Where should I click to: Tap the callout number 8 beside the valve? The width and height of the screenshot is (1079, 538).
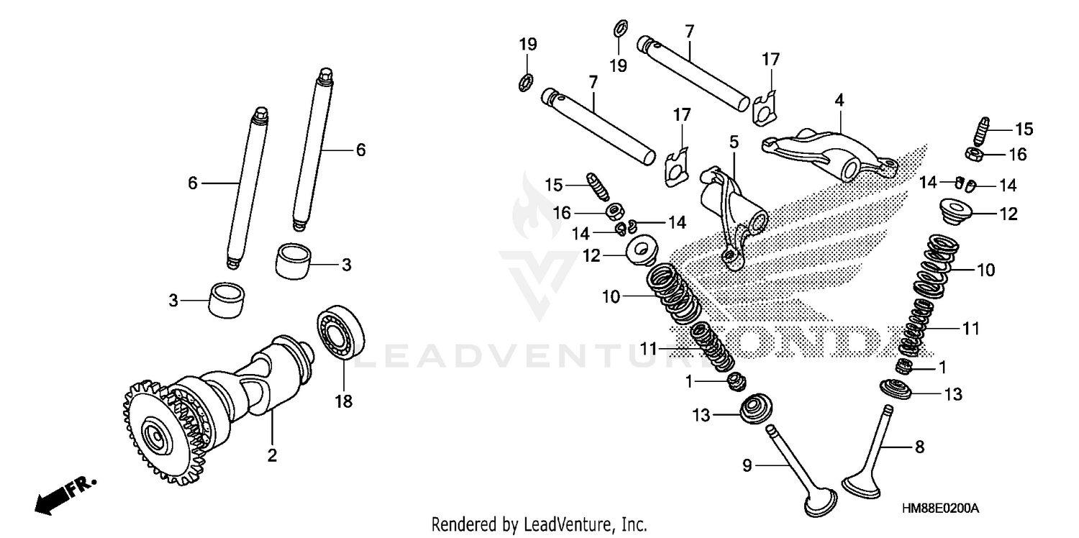(919, 446)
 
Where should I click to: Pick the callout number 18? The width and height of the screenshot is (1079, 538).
(344, 401)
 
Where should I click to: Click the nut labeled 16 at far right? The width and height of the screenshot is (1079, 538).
(973, 153)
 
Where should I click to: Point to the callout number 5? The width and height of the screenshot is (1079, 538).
(734, 142)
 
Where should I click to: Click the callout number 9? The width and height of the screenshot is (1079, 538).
(747, 466)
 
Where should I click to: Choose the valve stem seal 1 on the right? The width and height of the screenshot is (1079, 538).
(906, 368)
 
